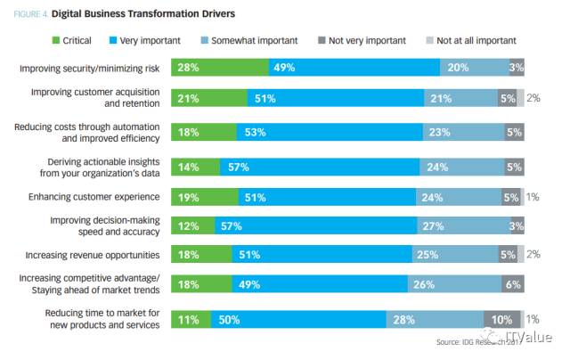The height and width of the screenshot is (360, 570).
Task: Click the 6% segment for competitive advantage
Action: (x=514, y=286)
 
